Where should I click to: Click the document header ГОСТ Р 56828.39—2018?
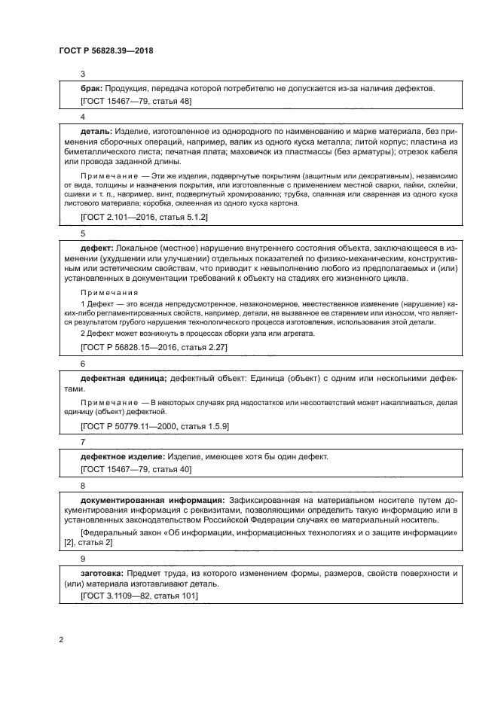click(x=106, y=50)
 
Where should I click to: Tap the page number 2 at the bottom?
click(x=61, y=640)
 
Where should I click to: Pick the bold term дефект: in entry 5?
click(x=96, y=247)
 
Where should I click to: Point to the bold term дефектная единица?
click(x=124, y=378)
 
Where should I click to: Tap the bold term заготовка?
click(x=102, y=573)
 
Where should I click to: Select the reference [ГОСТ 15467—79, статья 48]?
click(x=136, y=100)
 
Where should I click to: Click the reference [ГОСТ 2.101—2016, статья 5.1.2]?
click(x=144, y=216)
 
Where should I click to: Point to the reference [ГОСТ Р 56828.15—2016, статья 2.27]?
click(x=154, y=347)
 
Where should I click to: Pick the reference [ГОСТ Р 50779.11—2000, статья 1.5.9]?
click(x=154, y=426)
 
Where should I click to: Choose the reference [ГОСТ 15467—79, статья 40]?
click(x=136, y=468)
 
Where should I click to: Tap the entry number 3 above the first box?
click(x=83, y=73)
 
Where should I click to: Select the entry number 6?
click(x=83, y=362)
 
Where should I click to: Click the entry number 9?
click(x=83, y=558)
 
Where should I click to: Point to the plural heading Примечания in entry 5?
click(x=108, y=292)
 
